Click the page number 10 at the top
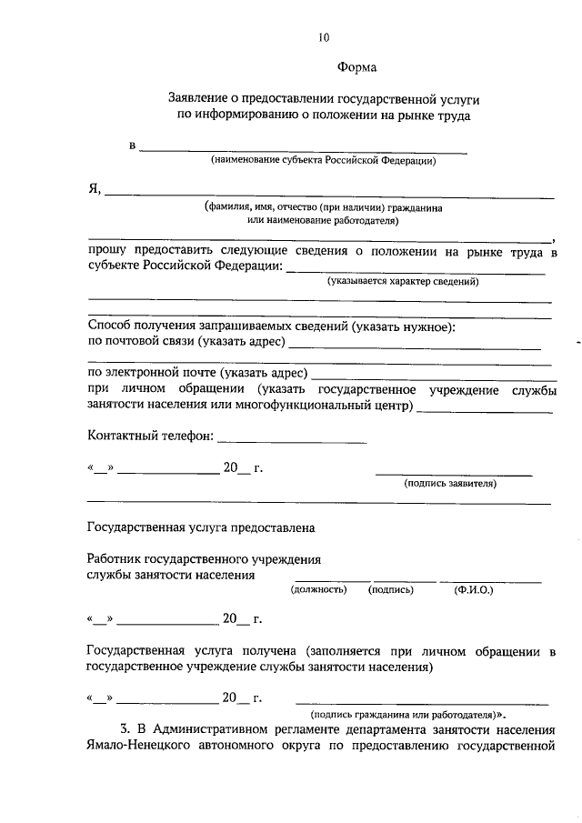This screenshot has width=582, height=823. click(x=324, y=37)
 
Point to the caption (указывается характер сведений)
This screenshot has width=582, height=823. click(x=403, y=282)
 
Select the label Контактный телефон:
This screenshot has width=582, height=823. click(x=150, y=436)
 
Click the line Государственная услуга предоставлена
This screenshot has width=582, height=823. click(x=200, y=527)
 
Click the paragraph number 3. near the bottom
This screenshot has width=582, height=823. click(x=126, y=729)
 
